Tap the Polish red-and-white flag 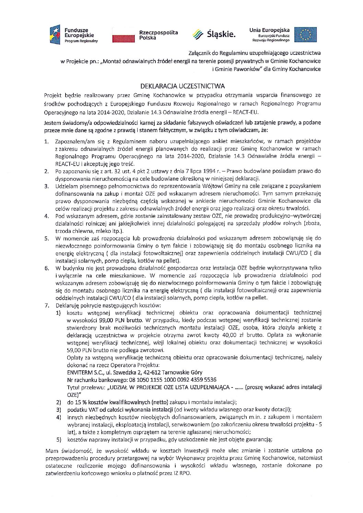point(124,35)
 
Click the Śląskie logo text point(222,35)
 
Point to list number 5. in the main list point(47,238)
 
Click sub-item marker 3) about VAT point(59,409)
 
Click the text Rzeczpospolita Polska point(158,35)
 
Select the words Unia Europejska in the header point(269,30)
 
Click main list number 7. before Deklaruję point(47,305)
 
